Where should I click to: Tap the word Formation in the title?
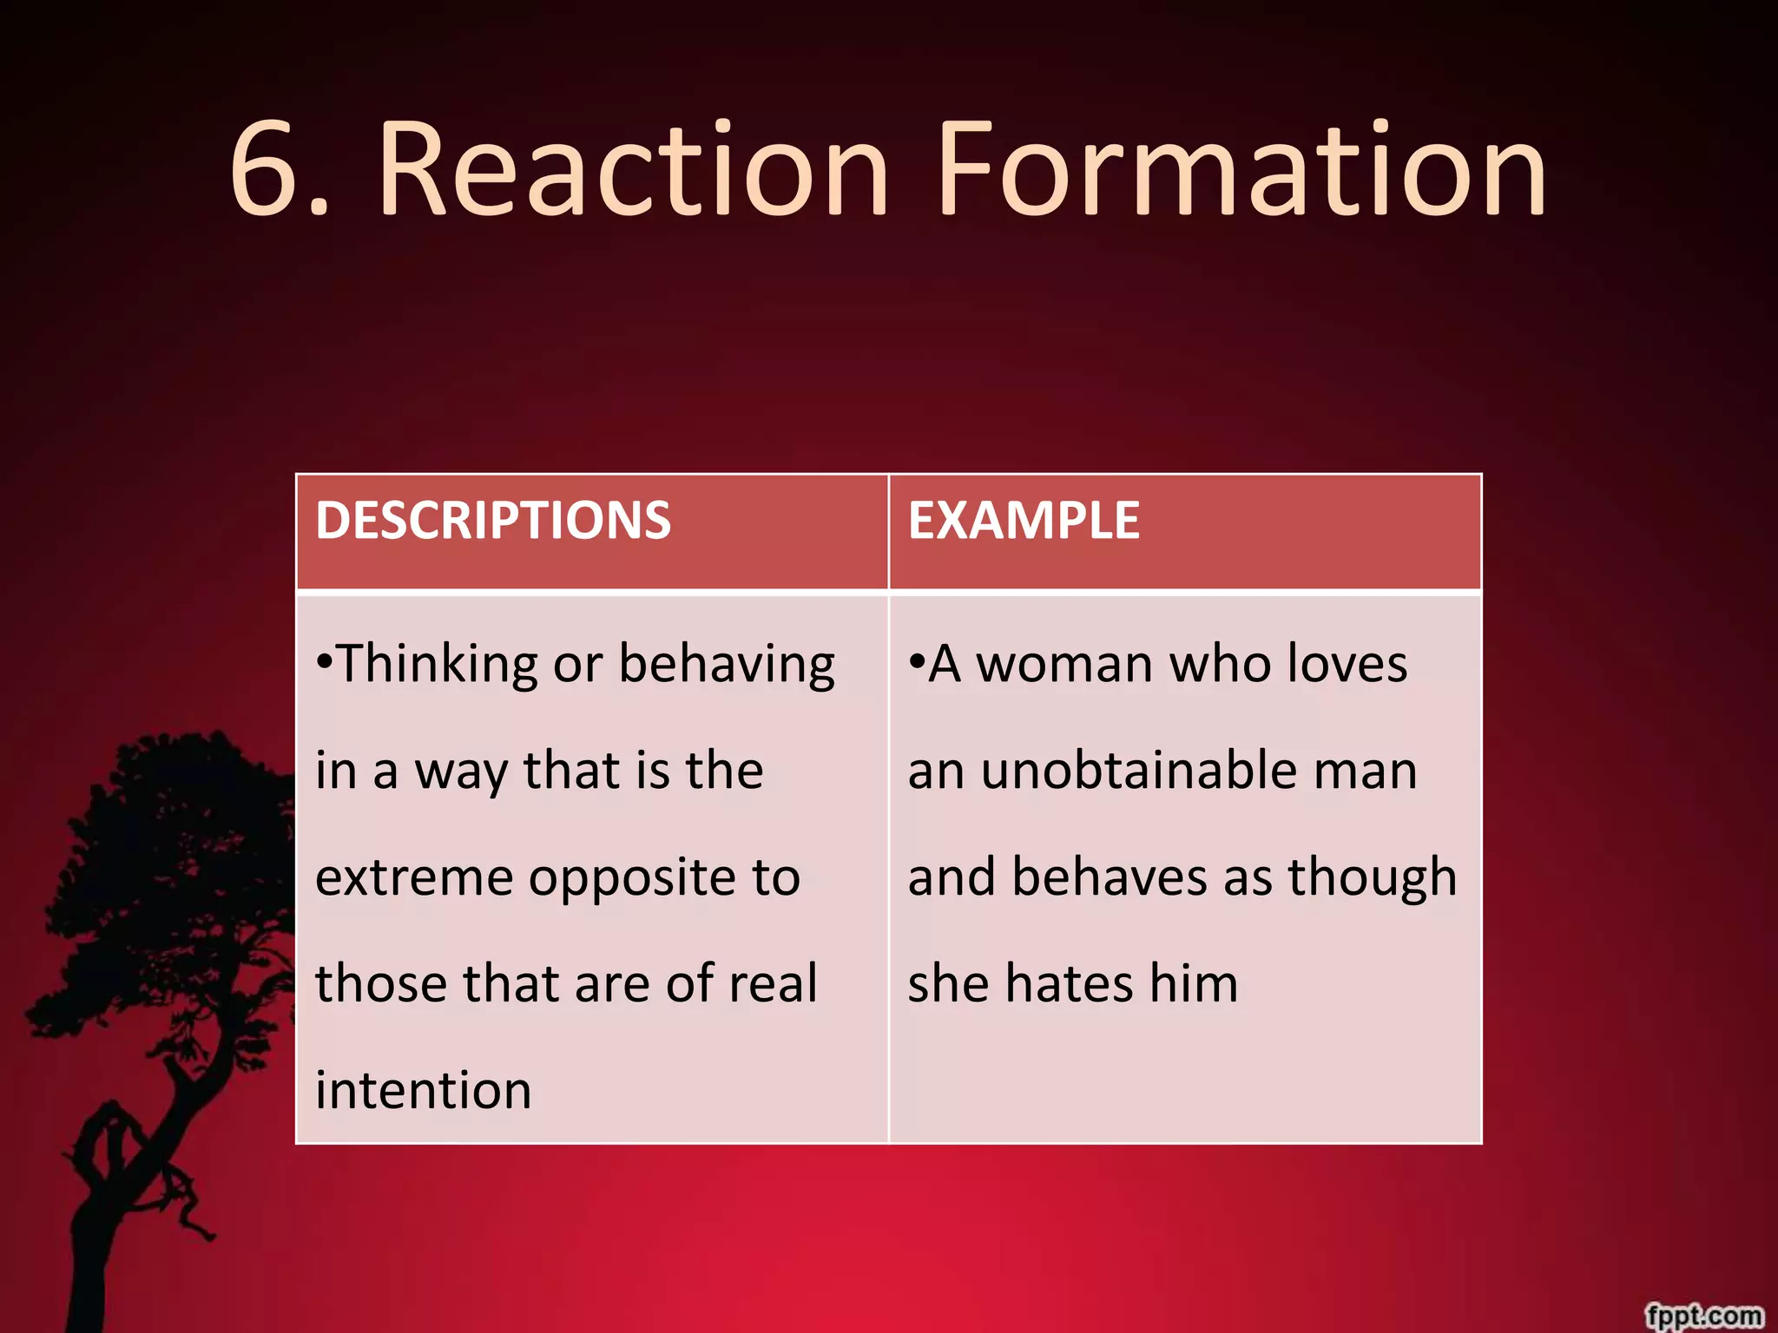[1241, 169]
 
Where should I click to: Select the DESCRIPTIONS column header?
[493, 521]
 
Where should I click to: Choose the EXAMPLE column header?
[1024, 521]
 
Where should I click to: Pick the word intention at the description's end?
[424, 1091]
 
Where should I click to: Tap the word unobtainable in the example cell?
[1138, 772]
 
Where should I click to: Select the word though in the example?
[1372, 878]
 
